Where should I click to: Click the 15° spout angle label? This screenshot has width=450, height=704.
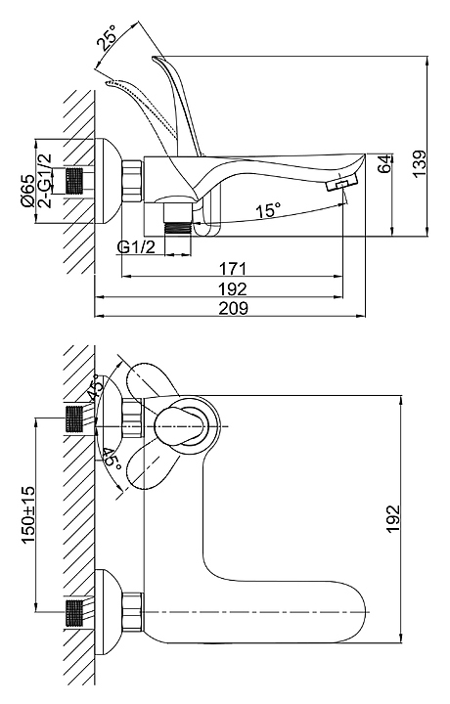268,209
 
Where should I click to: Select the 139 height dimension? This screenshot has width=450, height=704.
419,163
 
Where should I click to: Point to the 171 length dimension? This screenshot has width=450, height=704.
233,269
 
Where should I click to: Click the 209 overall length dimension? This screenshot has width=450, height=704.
233,308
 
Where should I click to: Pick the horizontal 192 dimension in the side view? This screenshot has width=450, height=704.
233,288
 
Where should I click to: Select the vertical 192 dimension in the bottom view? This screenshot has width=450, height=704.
392,518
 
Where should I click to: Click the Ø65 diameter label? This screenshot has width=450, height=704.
27,191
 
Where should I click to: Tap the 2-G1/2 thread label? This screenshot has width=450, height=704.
45,181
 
